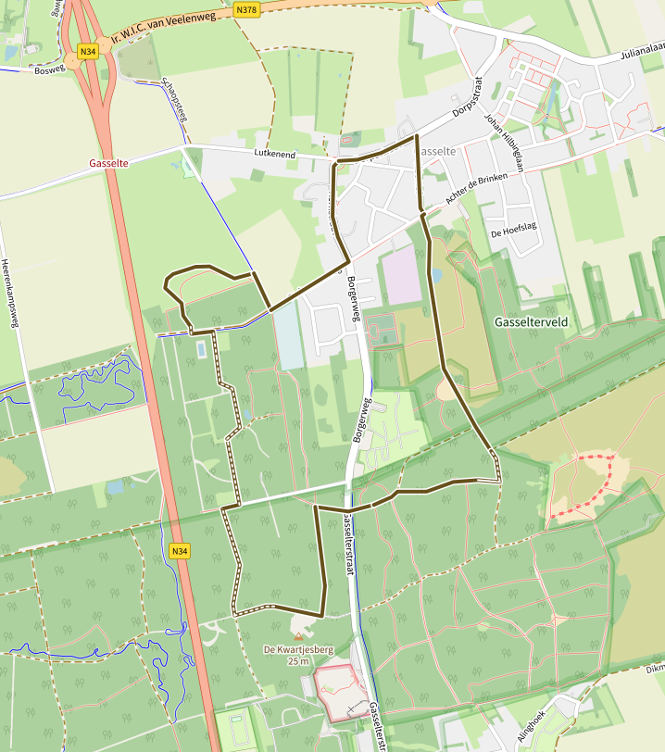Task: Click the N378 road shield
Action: pos(246,9)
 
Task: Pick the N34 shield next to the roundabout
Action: pos(88,52)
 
